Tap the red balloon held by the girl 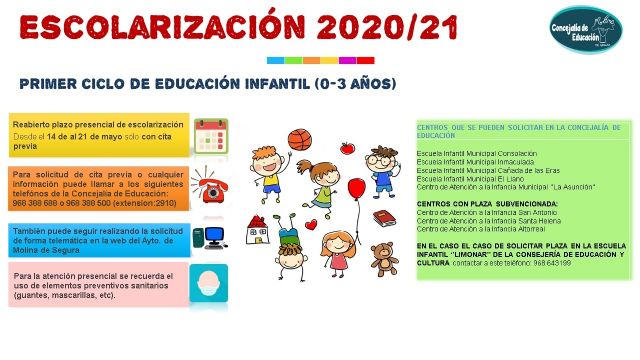pyautogui.click(x=356, y=188)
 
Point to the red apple pyautogui.click(x=347, y=148)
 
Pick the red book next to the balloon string pyautogui.click(x=384, y=217)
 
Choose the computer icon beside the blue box pyautogui.click(x=211, y=237)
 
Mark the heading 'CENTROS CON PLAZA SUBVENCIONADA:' pyautogui.click(x=472, y=202)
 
